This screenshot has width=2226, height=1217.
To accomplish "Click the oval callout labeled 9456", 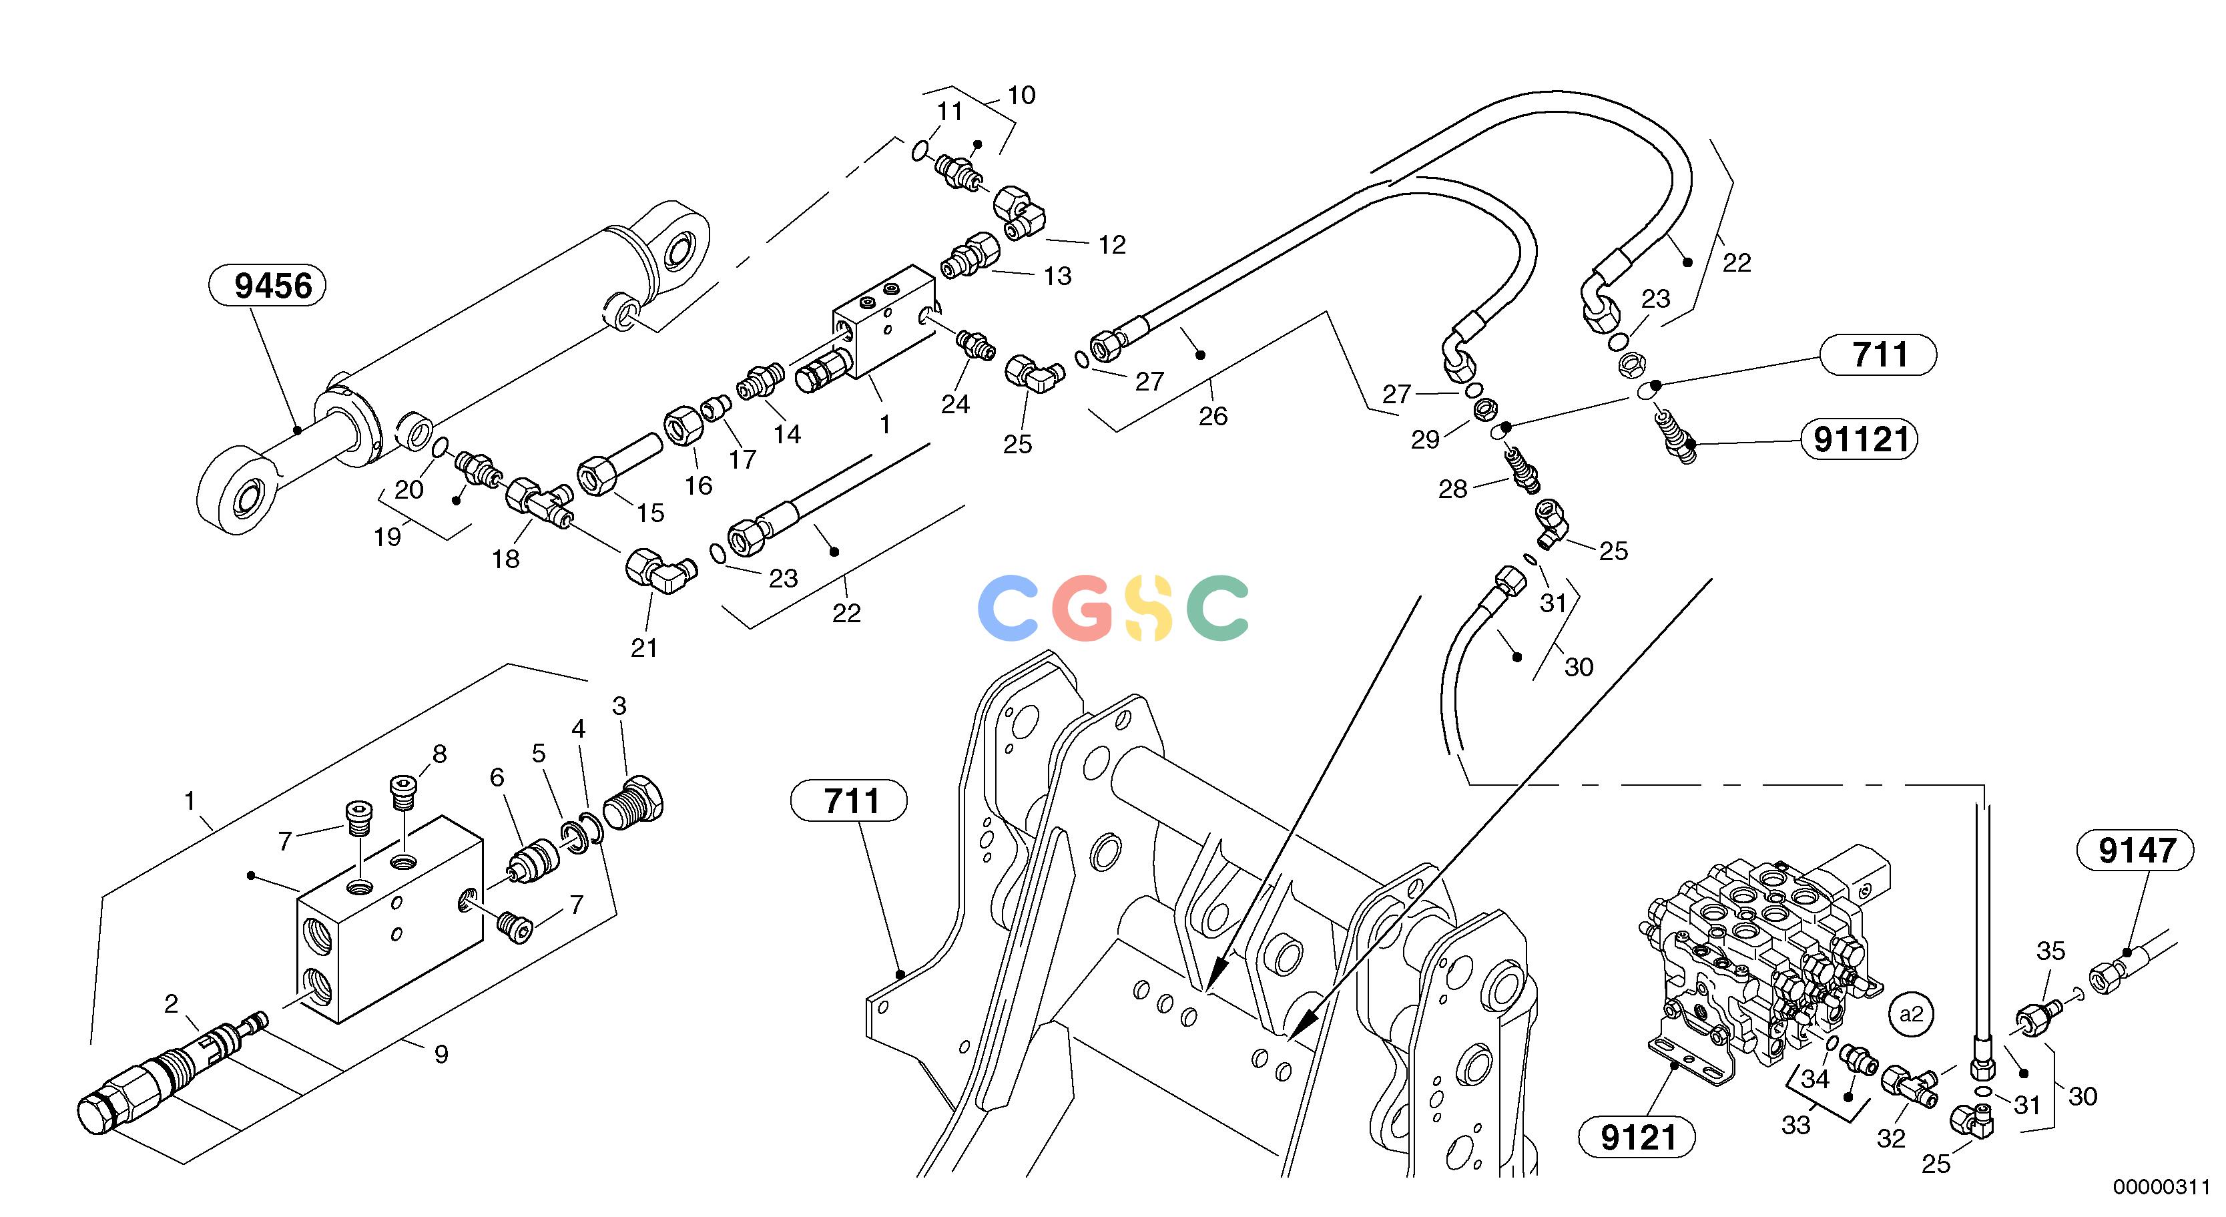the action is point(267,286).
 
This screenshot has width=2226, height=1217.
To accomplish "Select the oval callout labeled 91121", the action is point(1860,440).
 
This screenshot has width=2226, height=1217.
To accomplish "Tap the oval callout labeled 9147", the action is point(2136,850).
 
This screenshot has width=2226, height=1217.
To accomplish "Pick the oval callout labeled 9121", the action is point(1637,1138).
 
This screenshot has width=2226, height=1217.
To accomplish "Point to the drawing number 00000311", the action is point(2161,1188).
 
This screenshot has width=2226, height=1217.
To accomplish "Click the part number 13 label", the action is point(1058,276).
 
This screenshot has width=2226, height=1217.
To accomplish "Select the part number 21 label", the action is point(644,648).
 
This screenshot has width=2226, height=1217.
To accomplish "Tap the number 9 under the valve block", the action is point(441,1055).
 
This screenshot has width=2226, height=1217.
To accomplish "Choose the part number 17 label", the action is point(742,460).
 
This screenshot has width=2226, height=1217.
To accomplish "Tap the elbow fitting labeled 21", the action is point(661,571).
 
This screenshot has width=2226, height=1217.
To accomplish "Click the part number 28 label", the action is point(1452,490).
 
